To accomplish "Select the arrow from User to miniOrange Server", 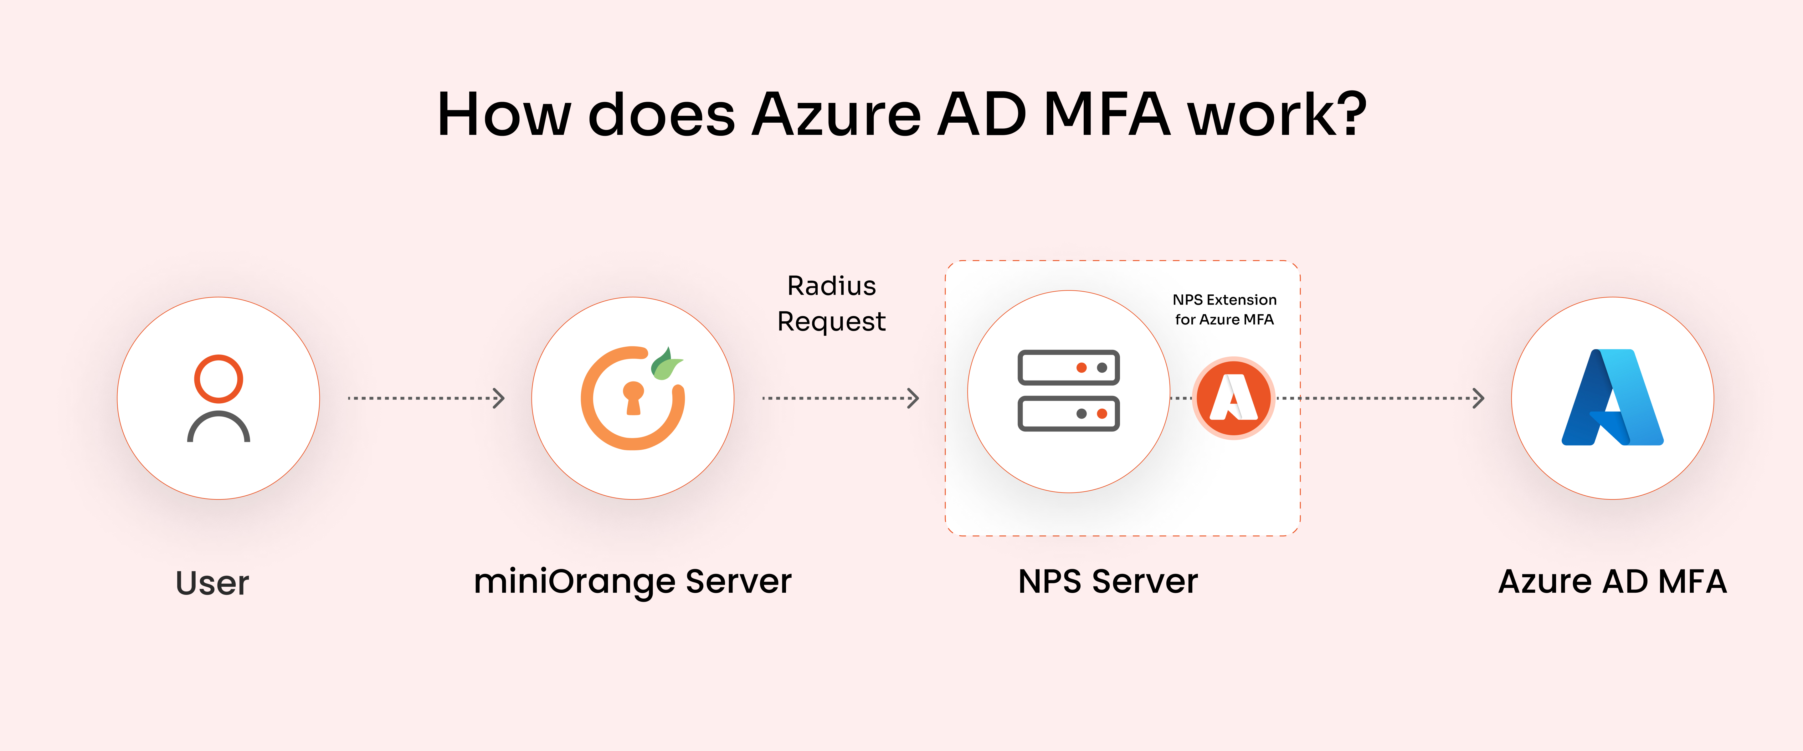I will click(426, 398).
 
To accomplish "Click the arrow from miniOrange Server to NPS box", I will click(840, 398).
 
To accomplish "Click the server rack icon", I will click(1068, 391).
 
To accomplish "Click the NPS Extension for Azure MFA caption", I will click(1224, 309).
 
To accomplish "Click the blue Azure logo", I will click(1612, 397).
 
